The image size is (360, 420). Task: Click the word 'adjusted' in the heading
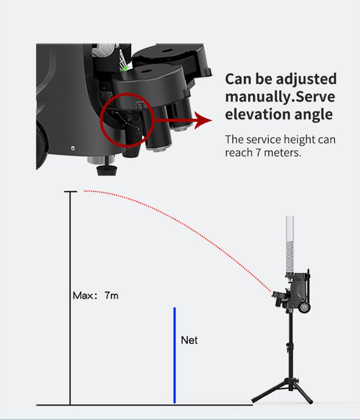(306, 79)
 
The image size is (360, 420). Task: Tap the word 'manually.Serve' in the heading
(280, 97)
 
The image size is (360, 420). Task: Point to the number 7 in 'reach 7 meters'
(258, 153)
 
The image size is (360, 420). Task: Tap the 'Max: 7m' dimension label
(95, 296)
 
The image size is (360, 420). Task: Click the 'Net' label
(189, 340)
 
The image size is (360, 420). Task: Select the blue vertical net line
(175, 355)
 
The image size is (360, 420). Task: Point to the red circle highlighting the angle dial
(101, 121)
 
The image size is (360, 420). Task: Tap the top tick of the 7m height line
(71, 191)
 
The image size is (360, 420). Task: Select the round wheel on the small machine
(305, 307)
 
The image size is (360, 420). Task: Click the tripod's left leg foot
(254, 401)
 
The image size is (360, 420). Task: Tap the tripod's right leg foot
(310, 401)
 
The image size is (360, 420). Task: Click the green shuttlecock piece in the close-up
(125, 68)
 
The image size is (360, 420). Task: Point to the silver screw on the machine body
(73, 148)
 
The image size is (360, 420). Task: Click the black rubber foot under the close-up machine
(107, 170)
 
